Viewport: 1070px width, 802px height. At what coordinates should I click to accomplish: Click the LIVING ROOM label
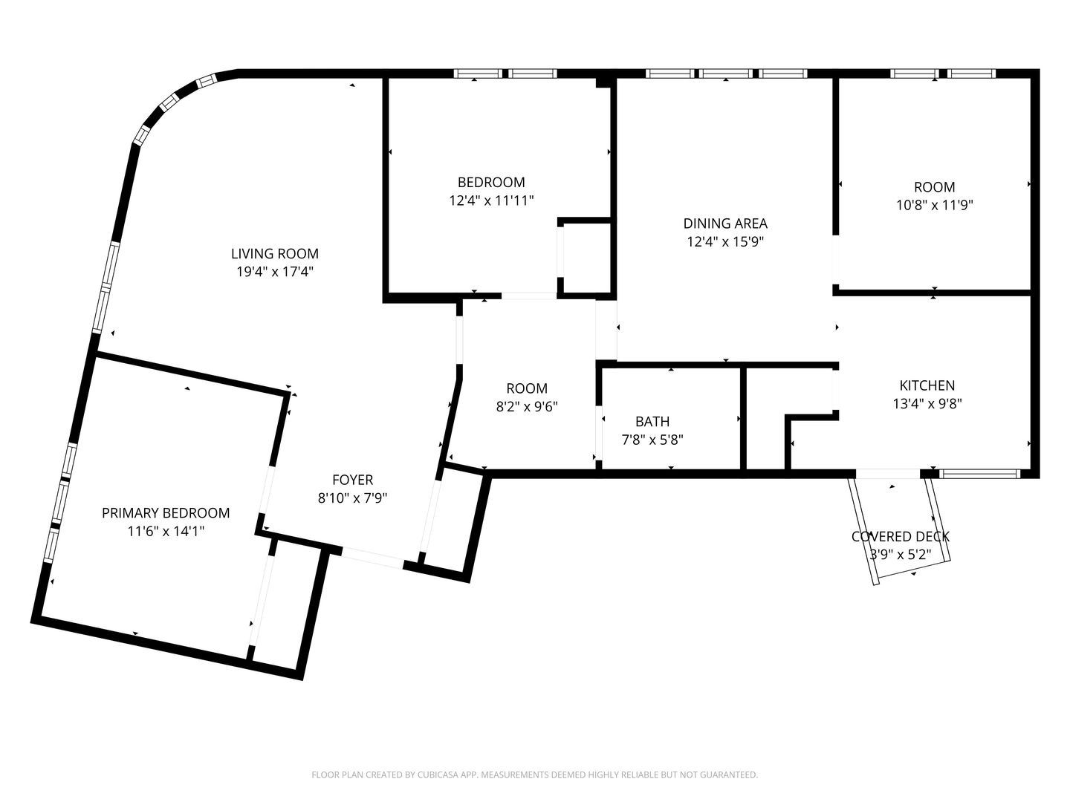pos(274,253)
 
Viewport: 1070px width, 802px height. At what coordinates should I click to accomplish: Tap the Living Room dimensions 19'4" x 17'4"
pos(274,271)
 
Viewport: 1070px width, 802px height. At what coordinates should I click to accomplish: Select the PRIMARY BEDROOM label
pos(166,512)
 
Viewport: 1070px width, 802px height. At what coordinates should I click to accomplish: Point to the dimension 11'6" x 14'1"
pos(166,531)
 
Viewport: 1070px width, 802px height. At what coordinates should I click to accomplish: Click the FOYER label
pos(352,480)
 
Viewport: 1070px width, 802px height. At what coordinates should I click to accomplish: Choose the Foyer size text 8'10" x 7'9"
pos(352,498)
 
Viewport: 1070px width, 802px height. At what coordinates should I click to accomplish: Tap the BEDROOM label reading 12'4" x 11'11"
pos(491,182)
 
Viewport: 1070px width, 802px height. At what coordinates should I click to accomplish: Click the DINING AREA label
pos(725,224)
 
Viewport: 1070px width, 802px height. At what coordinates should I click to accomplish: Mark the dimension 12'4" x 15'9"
pos(725,241)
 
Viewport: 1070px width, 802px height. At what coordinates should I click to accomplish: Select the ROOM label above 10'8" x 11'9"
pos(935,187)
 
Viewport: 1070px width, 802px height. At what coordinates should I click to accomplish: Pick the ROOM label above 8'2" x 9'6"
pos(527,388)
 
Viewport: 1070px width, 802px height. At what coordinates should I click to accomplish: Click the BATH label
pos(652,421)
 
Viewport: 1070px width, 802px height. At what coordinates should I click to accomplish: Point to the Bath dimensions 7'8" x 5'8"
pos(652,440)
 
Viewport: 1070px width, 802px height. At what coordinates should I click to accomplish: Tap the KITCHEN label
pos(927,385)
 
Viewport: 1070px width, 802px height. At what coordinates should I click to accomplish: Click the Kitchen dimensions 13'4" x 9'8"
pos(927,404)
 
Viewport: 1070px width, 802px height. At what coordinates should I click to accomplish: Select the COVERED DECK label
pos(901,536)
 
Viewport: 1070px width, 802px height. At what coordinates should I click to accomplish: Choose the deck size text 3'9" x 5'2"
pos(901,555)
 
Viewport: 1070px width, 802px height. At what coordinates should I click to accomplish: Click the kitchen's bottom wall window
pos(979,473)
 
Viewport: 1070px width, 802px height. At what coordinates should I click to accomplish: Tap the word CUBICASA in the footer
pos(438,775)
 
